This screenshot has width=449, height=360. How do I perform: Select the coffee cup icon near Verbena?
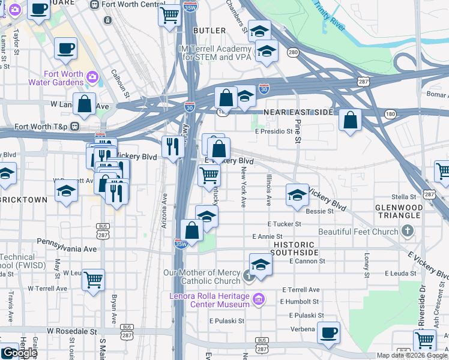tap(328, 332)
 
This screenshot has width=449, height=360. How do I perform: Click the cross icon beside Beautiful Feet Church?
tap(408, 231)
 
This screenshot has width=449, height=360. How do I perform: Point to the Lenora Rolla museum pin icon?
tap(258, 299)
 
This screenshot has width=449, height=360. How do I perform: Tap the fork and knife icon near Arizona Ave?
tap(172, 146)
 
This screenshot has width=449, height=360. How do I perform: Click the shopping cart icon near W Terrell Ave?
tap(93, 279)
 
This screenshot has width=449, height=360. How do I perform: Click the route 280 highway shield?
tap(293, 52)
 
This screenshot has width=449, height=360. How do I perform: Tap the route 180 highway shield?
tap(391, 113)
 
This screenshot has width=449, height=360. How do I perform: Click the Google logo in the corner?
tap(19, 353)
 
